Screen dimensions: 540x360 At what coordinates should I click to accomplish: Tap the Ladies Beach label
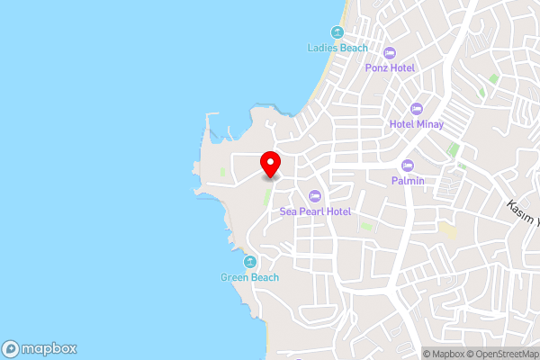tap(337, 48)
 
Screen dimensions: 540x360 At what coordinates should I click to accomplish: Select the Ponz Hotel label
tap(389, 67)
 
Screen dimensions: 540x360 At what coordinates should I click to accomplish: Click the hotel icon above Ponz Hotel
tap(390, 51)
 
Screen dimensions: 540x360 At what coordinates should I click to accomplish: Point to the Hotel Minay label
tap(416, 124)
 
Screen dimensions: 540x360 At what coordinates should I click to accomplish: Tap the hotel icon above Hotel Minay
tap(417, 108)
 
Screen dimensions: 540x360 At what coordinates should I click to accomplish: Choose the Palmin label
tap(407, 180)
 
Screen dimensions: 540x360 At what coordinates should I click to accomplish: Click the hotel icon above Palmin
tap(408, 165)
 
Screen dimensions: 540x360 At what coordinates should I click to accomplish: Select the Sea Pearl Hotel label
tap(314, 211)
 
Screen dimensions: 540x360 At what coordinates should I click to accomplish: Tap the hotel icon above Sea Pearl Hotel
tap(314, 195)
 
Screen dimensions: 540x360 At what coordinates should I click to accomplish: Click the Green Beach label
tap(249, 277)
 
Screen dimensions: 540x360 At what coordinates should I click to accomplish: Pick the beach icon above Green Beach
tap(249, 262)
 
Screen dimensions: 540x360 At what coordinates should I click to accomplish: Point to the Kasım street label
tap(522, 212)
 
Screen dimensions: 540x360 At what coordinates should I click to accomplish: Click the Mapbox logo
tap(39, 348)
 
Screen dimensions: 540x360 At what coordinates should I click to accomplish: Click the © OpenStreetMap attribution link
tap(502, 354)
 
